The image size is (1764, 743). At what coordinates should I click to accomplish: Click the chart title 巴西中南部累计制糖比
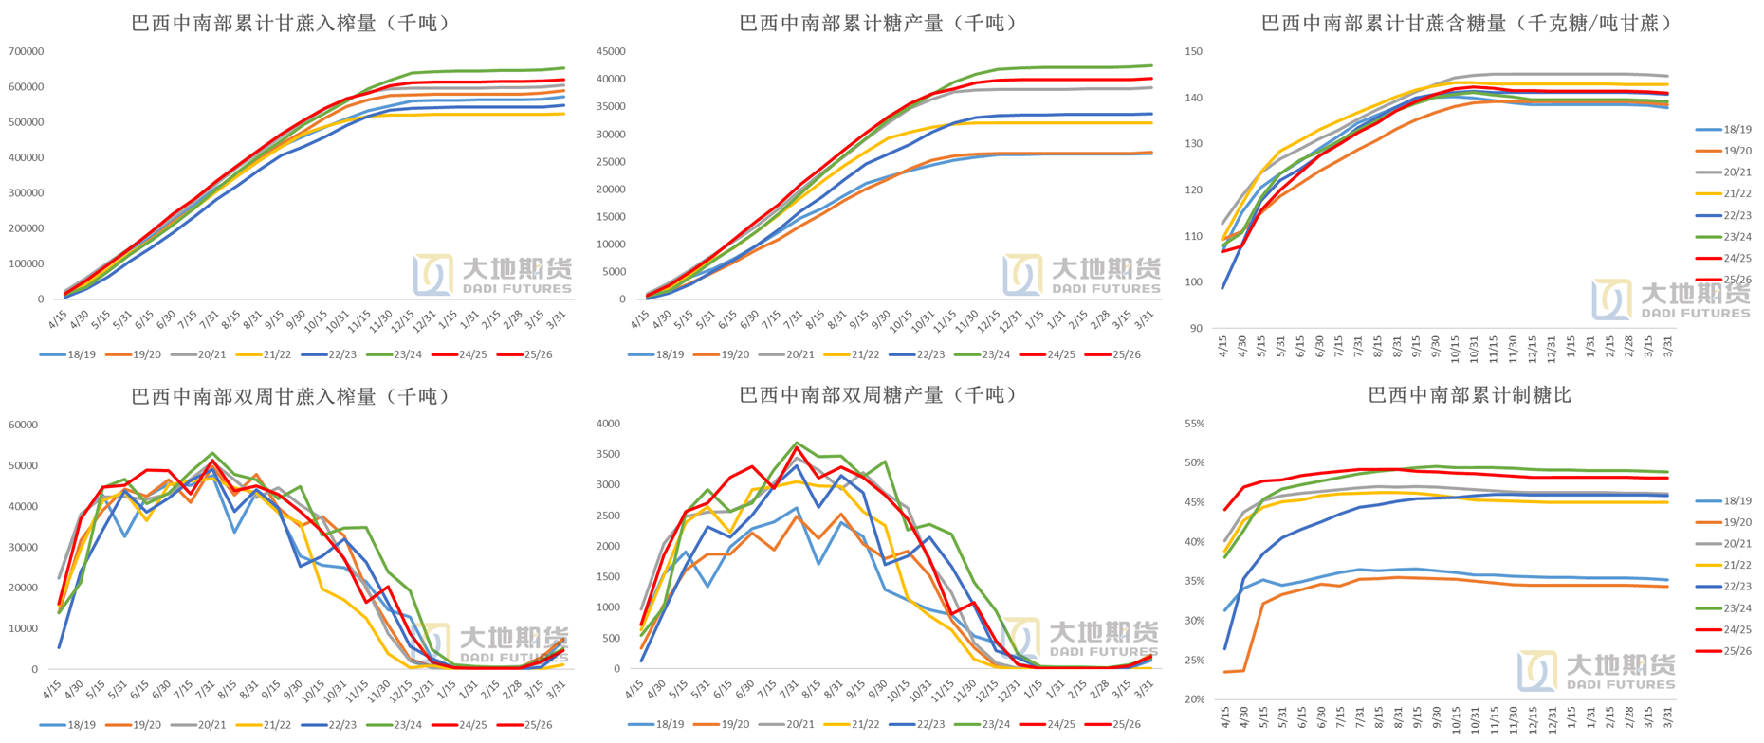coord(1469,395)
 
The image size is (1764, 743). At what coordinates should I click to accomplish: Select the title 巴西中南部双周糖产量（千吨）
coord(879,395)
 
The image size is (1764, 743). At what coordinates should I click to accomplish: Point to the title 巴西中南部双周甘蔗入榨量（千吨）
coord(290,396)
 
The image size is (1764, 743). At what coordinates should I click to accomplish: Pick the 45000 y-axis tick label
coord(611,51)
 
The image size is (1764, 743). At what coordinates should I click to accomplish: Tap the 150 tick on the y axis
coord(1194,52)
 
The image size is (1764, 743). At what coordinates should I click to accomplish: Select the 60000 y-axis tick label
coord(23,425)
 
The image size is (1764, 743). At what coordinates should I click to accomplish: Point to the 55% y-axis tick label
coord(1194,424)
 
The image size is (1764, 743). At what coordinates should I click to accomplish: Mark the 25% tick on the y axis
coord(1194,661)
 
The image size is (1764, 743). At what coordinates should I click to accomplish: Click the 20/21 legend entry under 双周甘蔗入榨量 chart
coord(211,725)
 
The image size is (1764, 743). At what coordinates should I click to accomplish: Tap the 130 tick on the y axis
coord(1194,144)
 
